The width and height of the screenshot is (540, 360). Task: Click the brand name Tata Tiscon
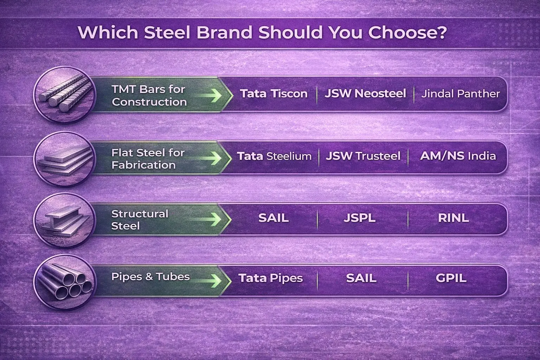click(274, 94)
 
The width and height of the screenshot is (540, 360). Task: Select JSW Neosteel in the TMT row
click(365, 94)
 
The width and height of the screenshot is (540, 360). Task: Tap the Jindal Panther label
click(461, 94)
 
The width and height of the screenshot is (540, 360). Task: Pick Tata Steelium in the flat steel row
click(274, 156)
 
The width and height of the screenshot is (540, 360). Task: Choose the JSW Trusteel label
click(363, 156)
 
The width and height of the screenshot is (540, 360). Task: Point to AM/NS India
click(458, 156)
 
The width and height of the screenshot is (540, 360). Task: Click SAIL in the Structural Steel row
click(274, 218)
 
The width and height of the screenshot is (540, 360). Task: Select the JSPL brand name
click(359, 218)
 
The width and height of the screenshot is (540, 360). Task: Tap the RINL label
click(453, 218)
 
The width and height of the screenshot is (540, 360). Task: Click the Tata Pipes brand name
click(270, 278)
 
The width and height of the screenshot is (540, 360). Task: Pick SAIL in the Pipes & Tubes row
click(361, 278)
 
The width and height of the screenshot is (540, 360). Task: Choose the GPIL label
click(451, 278)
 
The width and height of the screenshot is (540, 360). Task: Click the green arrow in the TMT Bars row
click(208, 96)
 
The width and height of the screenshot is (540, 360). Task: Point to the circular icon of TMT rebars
click(65, 95)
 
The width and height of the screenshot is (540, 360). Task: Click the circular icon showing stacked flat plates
click(65, 159)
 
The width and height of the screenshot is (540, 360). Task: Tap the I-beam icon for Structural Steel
click(65, 220)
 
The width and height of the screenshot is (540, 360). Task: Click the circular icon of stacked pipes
click(65, 282)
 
